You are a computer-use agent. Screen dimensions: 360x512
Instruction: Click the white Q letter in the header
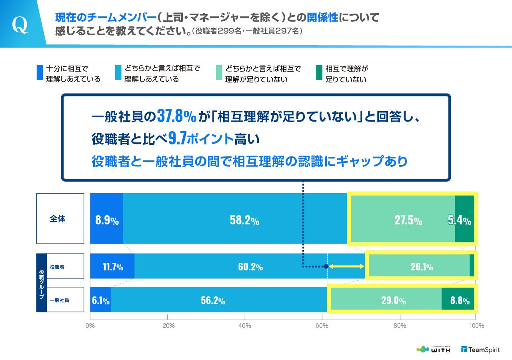click(x=20, y=25)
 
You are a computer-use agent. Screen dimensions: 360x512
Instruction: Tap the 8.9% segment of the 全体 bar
click(x=106, y=219)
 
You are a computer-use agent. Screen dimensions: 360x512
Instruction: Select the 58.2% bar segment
click(x=244, y=219)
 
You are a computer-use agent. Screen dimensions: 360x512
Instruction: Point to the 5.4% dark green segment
click(x=464, y=219)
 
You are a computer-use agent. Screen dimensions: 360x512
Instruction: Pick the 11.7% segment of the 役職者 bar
click(x=112, y=266)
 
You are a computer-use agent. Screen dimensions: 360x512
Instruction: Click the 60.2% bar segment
click(x=250, y=266)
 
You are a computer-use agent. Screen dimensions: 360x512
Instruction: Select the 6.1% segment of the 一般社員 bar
click(x=100, y=299)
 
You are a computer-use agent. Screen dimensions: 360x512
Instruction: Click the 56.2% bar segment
click(x=213, y=299)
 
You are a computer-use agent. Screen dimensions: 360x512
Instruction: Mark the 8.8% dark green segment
click(x=458, y=299)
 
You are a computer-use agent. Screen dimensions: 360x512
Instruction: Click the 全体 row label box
click(x=60, y=219)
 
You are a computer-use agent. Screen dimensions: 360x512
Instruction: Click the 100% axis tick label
click(x=476, y=326)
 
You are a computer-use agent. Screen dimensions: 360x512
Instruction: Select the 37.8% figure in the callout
click(x=176, y=116)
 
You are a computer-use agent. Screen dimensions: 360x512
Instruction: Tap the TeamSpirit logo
click(x=480, y=349)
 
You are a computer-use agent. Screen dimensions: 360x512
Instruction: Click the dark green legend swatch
click(x=319, y=73)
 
